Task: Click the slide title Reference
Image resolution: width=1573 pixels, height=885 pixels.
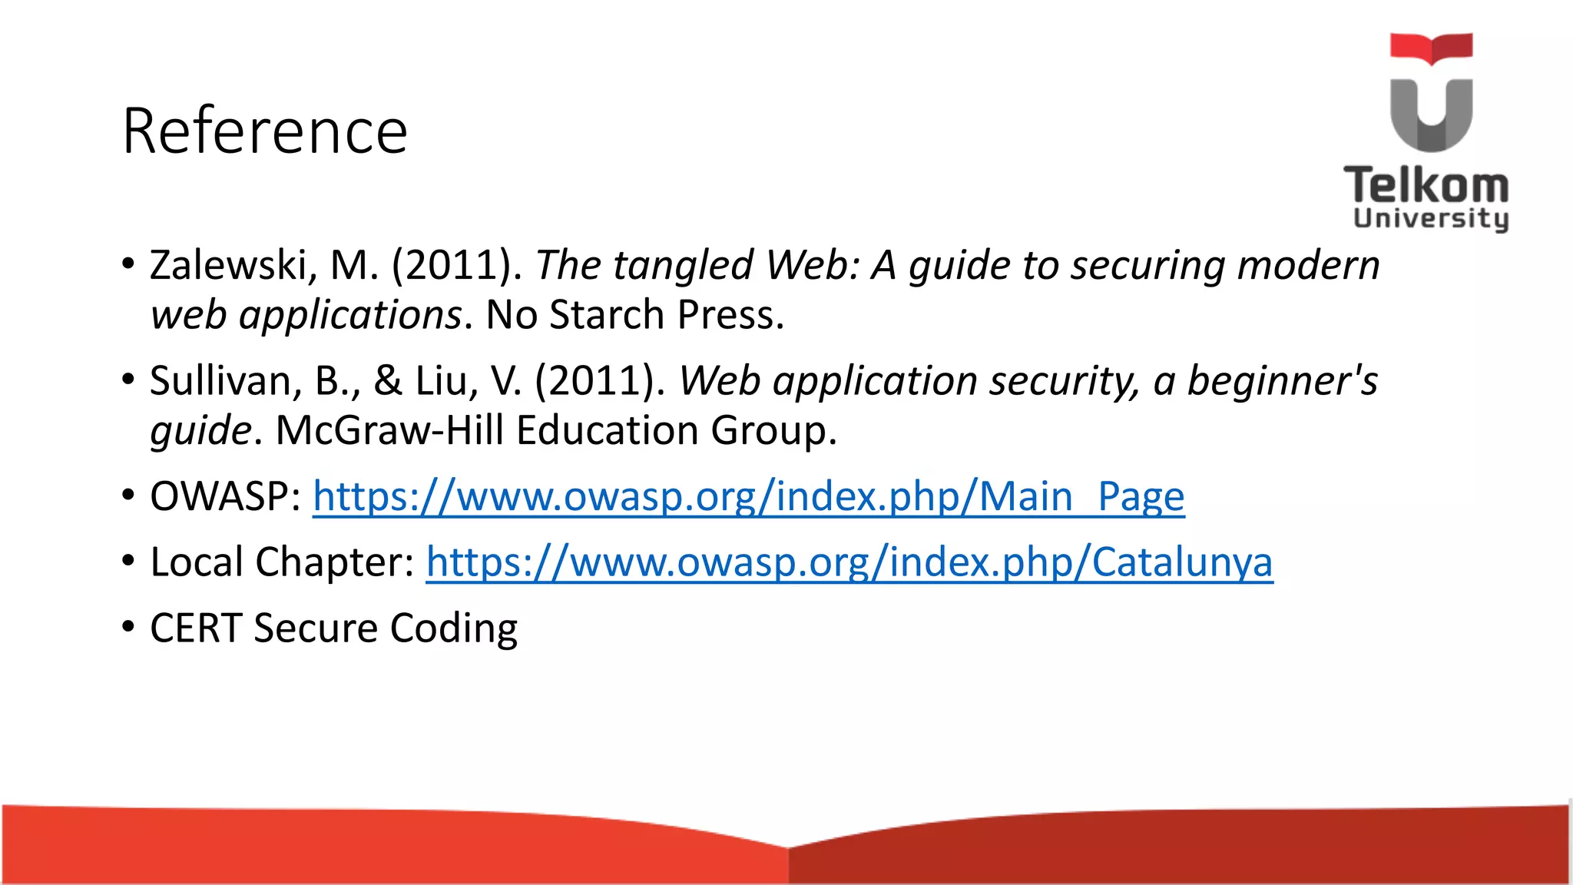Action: pyautogui.click(x=264, y=131)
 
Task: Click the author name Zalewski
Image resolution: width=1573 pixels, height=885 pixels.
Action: pyautogui.click(x=228, y=266)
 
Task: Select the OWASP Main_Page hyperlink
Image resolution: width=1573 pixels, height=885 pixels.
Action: pyautogui.click(x=748, y=497)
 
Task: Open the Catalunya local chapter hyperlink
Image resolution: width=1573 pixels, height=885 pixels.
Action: pyautogui.click(x=849, y=562)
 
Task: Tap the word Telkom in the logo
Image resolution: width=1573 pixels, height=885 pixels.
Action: pyautogui.click(x=1426, y=185)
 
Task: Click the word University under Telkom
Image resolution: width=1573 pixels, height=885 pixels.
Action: pyautogui.click(x=1430, y=218)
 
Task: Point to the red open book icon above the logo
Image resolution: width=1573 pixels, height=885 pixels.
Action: pyautogui.click(x=1431, y=48)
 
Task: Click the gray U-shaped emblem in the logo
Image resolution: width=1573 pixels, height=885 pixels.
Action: pyautogui.click(x=1431, y=115)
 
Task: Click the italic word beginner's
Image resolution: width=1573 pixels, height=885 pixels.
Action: pyautogui.click(x=1282, y=381)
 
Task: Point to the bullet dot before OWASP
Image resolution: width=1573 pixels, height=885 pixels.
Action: pyautogui.click(x=128, y=494)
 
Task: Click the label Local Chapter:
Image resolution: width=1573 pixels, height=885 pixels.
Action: pyautogui.click(x=282, y=562)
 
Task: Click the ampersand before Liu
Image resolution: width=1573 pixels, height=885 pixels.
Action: pyautogui.click(x=388, y=381)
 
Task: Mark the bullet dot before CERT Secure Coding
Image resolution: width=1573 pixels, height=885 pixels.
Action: pyautogui.click(x=128, y=626)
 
